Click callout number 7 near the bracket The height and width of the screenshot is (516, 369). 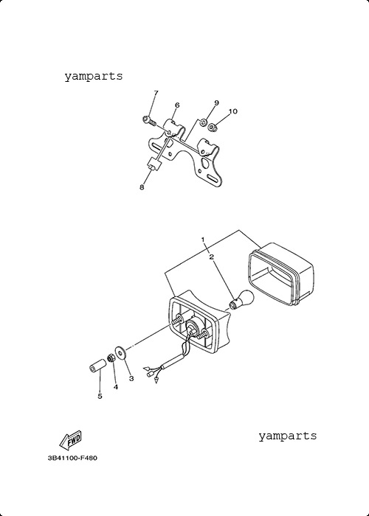pos(156,93)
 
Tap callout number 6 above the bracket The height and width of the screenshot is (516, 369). pos(177,105)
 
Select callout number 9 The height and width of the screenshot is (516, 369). pos(216,102)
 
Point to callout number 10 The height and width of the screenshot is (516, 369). pos(232,111)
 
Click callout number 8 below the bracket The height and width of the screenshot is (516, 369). pos(142,187)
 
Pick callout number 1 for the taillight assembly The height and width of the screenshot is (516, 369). pos(203,240)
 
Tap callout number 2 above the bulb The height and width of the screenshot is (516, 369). pos(212,257)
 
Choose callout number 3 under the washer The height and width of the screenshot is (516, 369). pos(131,378)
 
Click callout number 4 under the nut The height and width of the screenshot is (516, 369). pos(116,387)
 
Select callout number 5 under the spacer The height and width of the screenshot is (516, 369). pos(100,397)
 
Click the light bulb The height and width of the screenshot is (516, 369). pos(242,299)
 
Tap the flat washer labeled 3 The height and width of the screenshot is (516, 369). pos(121,353)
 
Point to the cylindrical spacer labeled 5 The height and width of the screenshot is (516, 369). pos(98,366)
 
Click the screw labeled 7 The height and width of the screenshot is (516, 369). pos(149,120)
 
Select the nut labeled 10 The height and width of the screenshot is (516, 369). pos(213,127)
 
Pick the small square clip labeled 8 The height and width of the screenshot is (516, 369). pos(154,164)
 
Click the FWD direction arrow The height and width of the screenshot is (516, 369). pos(70,440)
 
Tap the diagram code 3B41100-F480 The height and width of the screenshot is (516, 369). pos(72,458)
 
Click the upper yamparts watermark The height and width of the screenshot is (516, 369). pos(94,77)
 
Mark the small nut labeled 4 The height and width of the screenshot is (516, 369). pos(111,358)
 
